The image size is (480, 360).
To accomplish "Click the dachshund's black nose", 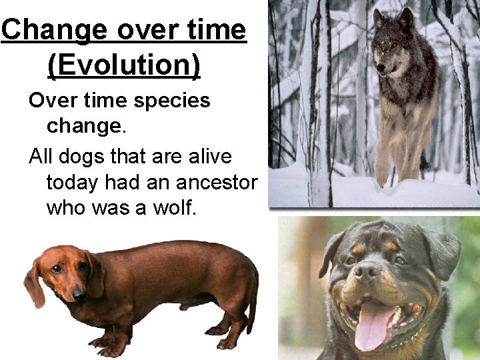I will [79, 293].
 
